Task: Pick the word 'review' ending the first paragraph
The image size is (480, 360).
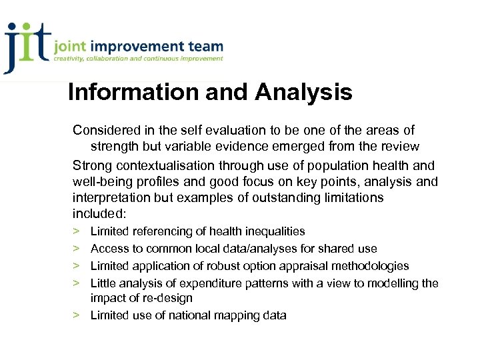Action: click(399, 147)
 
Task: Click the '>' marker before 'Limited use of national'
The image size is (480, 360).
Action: click(77, 315)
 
